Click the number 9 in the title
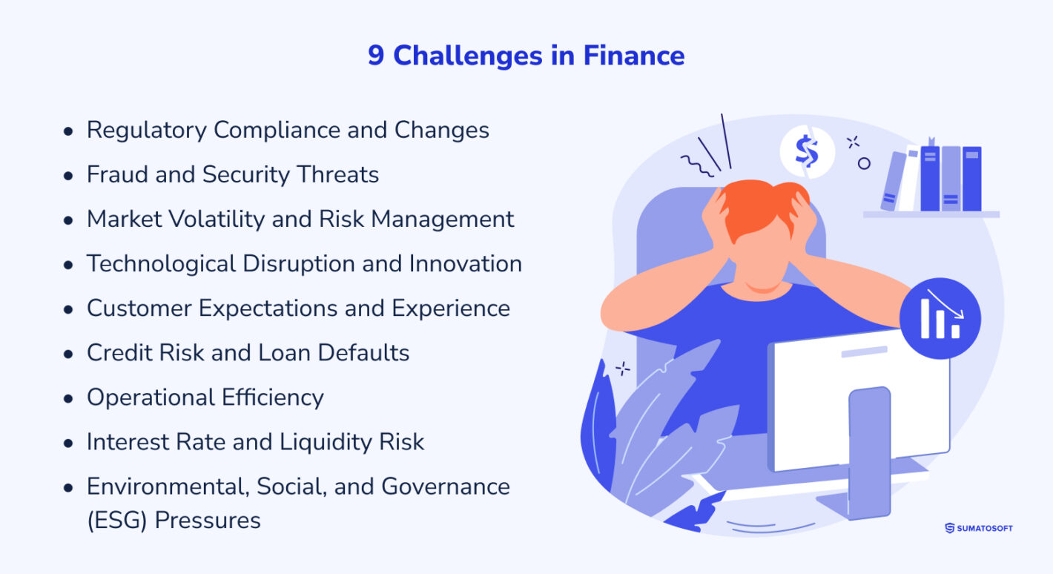[376, 56]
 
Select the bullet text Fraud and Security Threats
[233, 175]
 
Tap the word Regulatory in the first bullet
[146, 131]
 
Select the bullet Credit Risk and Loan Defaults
[248, 353]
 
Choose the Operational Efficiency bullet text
[205, 397]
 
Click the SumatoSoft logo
[978, 528]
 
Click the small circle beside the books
[864, 164]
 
